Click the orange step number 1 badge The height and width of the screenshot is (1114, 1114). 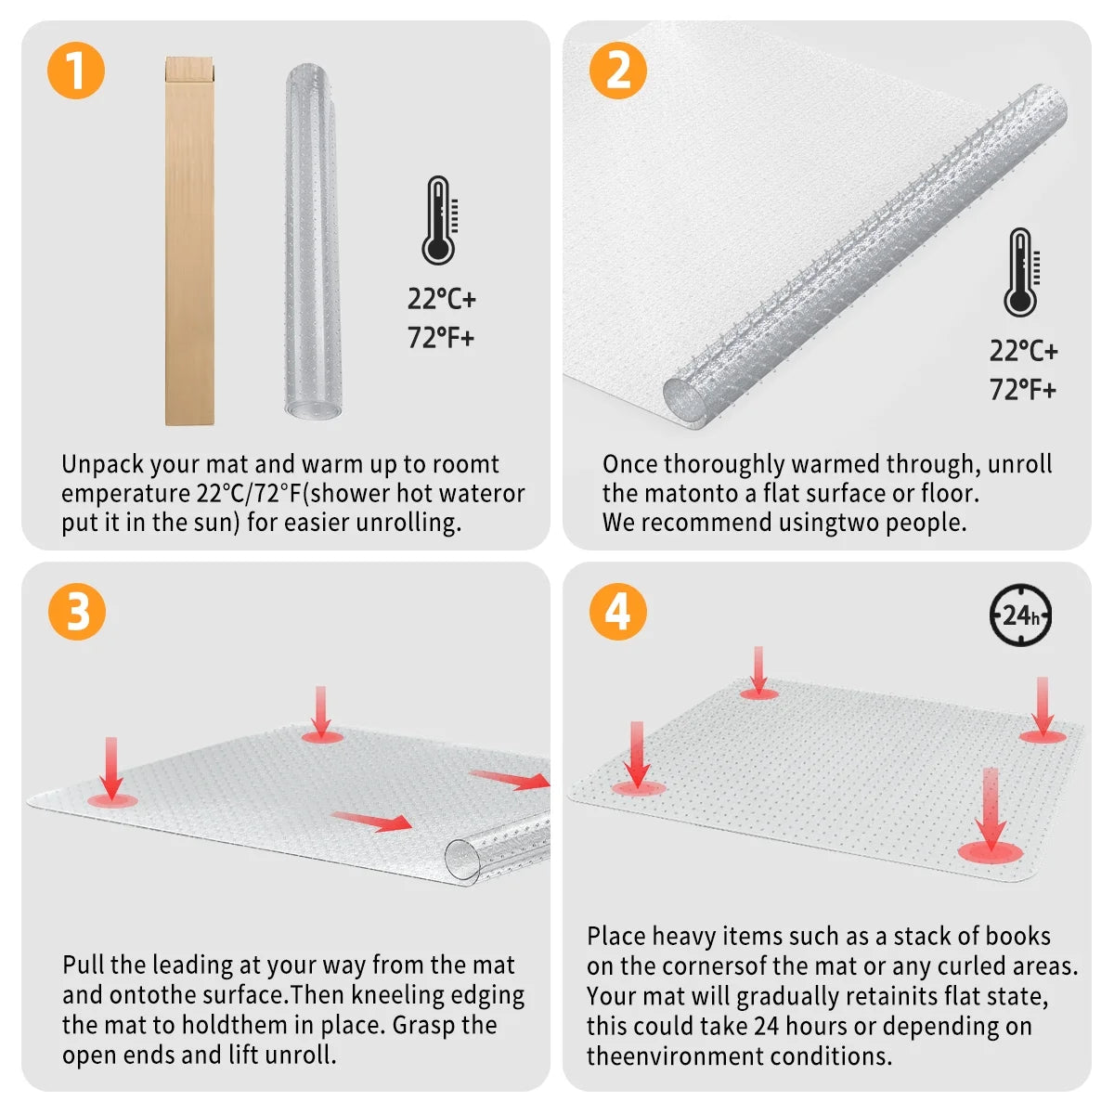click(x=75, y=71)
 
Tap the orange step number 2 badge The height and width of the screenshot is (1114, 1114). click(x=617, y=71)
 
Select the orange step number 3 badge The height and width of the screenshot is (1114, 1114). click(x=76, y=612)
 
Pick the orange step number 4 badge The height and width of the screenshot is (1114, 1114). click(x=617, y=612)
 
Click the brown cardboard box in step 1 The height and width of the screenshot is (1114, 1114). click(x=189, y=241)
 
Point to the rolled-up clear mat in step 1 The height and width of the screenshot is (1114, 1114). click(x=313, y=241)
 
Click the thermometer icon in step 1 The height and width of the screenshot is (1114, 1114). click(x=439, y=221)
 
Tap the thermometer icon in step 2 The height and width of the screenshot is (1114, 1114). click(x=1021, y=273)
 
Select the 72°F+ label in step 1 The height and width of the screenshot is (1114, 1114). click(x=441, y=337)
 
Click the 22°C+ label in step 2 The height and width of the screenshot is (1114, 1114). click(x=1023, y=351)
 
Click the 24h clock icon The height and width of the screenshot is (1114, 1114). click(x=1020, y=615)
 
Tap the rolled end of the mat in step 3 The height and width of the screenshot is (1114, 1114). click(x=463, y=859)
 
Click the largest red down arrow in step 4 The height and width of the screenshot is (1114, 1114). click(x=990, y=812)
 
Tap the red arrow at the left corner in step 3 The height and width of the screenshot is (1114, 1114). click(x=111, y=771)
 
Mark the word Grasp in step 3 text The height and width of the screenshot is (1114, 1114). click(x=424, y=1026)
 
